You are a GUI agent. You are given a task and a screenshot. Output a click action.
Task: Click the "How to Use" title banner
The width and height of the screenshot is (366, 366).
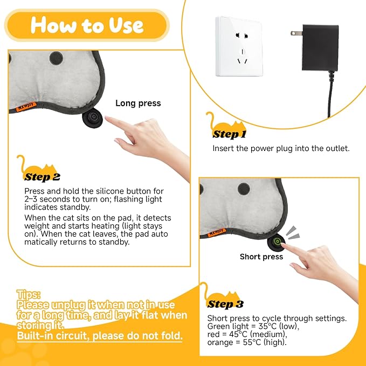click(x=87, y=25)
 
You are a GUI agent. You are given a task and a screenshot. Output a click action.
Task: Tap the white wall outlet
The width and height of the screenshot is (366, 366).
click(x=239, y=46)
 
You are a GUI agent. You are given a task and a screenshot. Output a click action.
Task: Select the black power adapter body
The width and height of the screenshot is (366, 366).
click(x=320, y=47)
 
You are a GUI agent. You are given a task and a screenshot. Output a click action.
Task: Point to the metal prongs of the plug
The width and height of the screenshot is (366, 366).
click(x=296, y=33)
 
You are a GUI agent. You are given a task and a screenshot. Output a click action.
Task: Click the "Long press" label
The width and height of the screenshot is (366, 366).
click(x=138, y=103)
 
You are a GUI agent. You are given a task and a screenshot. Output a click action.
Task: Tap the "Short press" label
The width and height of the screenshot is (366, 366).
click(x=261, y=257)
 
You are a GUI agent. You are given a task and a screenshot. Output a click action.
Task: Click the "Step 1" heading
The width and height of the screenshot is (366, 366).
click(x=229, y=134)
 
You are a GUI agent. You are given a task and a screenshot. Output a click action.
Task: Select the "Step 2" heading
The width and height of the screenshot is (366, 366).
click(x=42, y=177)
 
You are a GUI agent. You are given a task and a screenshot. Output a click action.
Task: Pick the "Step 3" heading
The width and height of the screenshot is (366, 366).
click(x=225, y=304)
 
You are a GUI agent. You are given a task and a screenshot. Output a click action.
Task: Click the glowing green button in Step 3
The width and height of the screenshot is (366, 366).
click(x=277, y=241)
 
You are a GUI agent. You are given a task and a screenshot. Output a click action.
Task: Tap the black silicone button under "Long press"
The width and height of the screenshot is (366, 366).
click(x=92, y=118)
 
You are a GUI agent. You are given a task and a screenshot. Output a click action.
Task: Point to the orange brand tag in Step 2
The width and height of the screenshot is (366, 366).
click(x=26, y=107)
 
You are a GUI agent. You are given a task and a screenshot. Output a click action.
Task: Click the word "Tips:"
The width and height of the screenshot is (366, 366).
click(x=28, y=294)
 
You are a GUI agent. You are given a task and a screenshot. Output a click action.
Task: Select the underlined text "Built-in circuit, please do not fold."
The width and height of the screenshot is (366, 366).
click(x=100, y=336)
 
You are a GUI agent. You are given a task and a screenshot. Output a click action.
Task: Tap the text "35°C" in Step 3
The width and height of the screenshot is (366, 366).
click(x=267, y=326)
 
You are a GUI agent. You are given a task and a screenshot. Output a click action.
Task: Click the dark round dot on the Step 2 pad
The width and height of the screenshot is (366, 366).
click(x=56, y=58)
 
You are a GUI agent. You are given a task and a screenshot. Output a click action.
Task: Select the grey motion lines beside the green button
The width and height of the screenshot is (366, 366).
click(x=293, y=233)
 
